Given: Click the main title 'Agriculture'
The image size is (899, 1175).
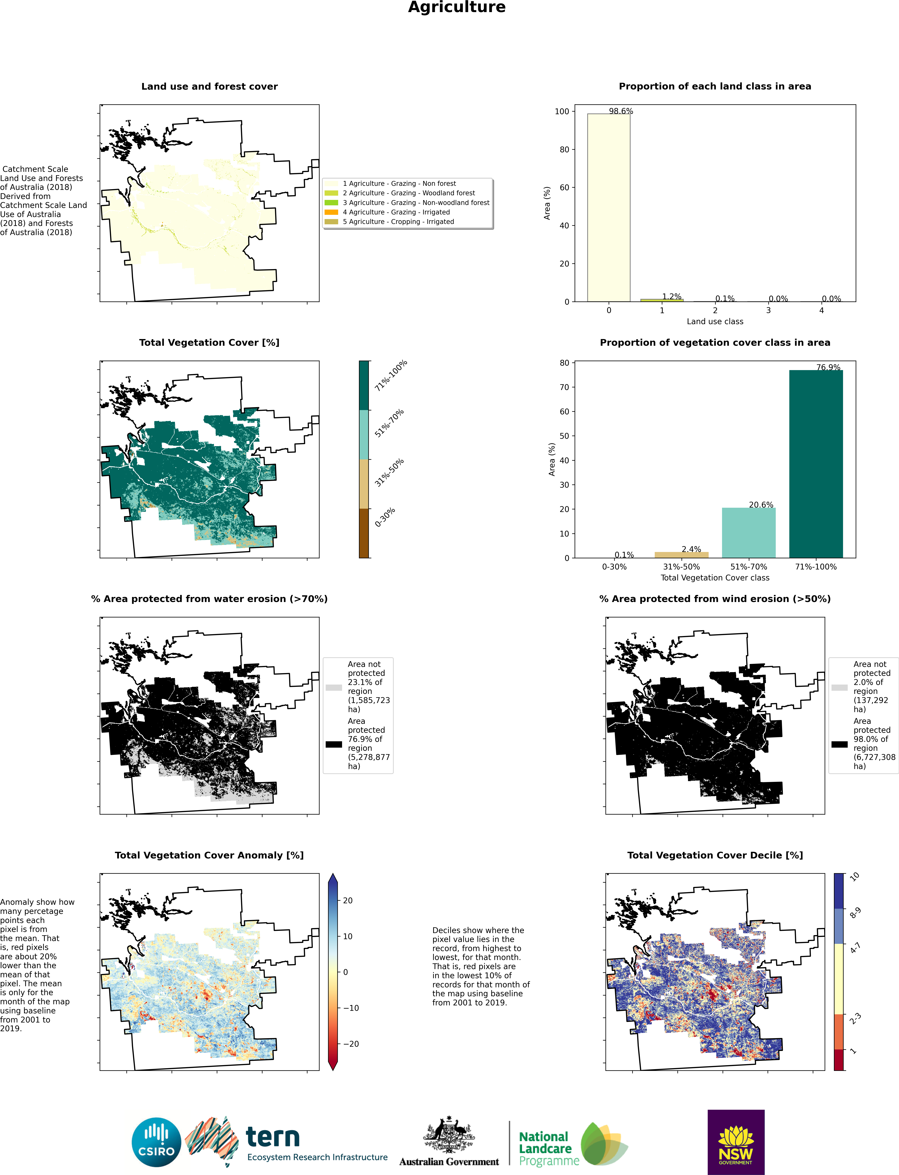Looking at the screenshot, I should (x=456, y=7).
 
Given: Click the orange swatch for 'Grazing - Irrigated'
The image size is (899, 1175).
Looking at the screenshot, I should (x=331, y=212).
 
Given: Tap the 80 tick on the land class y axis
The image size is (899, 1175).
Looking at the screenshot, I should (x=564, y=149).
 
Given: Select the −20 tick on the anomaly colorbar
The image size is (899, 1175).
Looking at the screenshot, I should (x=350, y=1044).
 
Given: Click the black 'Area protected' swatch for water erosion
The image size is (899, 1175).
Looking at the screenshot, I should (x=333, y=744).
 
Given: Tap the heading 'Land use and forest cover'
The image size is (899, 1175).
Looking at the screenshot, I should (x=209, y=86).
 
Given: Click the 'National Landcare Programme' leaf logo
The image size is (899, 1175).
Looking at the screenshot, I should (x=604, y=1144).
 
